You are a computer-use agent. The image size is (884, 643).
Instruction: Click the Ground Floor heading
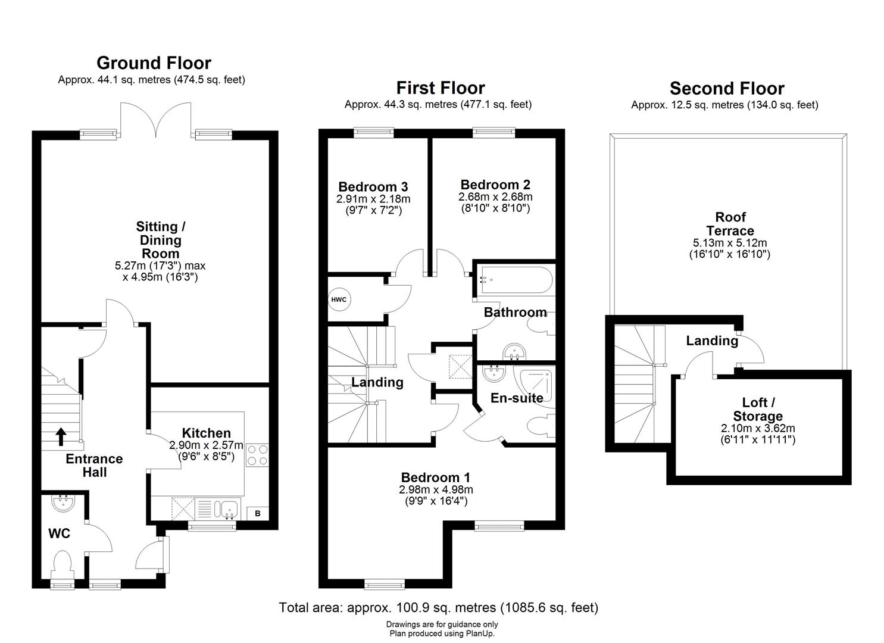coord(154,63)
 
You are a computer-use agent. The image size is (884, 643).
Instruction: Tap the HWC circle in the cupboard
coord(339,299)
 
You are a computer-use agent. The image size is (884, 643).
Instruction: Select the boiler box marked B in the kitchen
coord(258,513)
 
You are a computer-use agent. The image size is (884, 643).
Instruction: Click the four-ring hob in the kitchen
coord(257,455)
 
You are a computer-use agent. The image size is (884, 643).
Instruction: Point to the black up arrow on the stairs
coord(61,436)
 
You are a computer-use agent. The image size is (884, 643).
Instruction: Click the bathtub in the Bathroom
coord(514,279)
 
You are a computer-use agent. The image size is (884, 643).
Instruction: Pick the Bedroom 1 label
coord(435,477)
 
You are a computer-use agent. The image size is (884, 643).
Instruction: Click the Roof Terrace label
coord(730,224)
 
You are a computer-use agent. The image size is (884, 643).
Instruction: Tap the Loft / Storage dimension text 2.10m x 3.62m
coord(758,429)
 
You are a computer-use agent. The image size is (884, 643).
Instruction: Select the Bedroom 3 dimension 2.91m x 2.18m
coord(373,199)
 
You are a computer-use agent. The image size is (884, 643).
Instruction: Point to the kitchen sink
coord(227,509)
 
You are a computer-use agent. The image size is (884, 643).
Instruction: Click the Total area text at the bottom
coord(439,608)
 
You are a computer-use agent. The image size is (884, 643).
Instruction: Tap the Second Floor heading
coord(727,89)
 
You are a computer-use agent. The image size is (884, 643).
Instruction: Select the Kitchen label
coord(206,433)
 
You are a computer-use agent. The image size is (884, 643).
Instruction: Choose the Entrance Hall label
coord(94,466)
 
